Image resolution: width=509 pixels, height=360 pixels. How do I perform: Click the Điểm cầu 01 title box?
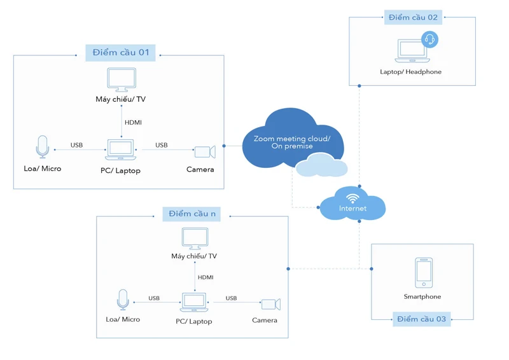[x=120, y=52]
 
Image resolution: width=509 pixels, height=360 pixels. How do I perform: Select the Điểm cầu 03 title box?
[x=421, y=319]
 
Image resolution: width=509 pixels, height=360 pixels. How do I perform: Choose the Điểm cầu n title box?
[x=192, y=214]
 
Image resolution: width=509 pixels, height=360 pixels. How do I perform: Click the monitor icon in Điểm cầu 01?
[x=121, y=80]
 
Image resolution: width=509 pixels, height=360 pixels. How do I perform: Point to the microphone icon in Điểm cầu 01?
[x=43, y=147]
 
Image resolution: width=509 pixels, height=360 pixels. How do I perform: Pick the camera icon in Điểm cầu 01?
[x=204, y=151]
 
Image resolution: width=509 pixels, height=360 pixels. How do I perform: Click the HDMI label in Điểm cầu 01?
[x=134, y=122]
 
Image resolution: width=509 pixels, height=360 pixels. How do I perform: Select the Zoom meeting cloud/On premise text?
[x=292, y=142]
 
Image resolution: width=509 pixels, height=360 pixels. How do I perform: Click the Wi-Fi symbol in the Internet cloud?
[x=352, y=197]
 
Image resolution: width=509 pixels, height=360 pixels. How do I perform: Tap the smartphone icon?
[x=424, y=272]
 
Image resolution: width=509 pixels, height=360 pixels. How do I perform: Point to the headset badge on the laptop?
[x=430, y=39]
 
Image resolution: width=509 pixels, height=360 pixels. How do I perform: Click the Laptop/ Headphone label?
[x=410, y=72]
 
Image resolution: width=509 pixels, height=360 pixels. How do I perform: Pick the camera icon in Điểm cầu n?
[x=270, y=304]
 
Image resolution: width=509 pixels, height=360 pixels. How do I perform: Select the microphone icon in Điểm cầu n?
[x=123, y=300]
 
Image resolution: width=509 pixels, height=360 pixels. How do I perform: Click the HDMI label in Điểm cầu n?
[x=206, y=277]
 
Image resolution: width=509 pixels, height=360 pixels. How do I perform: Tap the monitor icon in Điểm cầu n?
[x=195, y=239]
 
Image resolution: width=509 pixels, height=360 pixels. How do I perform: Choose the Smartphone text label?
[x=422, y=296]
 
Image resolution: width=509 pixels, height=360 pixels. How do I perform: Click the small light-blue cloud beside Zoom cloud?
[x=322, y=165]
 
